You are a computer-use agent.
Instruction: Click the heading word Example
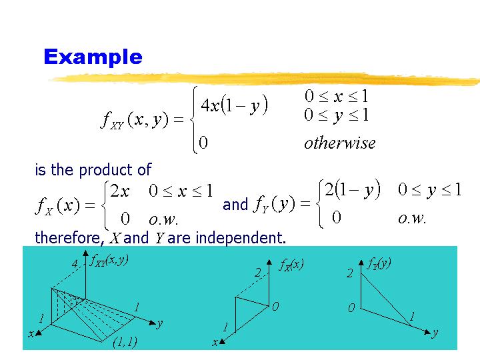point(93,57)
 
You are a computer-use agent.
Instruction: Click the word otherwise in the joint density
point(339,143)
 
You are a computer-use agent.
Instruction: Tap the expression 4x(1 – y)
point(234,105)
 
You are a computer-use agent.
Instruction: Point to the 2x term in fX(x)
point(120,191)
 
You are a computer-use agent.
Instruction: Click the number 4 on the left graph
point(75,264)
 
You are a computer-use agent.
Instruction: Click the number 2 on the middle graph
point(257,272)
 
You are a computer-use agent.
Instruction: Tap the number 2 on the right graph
point(349,273)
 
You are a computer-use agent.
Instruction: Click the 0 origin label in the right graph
point(350,309)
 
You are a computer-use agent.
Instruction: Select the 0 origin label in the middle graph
point(274,307)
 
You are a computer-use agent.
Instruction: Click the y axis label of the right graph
point(435,332)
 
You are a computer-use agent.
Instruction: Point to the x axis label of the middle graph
point(215,342)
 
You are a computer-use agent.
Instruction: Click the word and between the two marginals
point(235,205)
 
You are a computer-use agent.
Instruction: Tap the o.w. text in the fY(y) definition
point(412,217)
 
